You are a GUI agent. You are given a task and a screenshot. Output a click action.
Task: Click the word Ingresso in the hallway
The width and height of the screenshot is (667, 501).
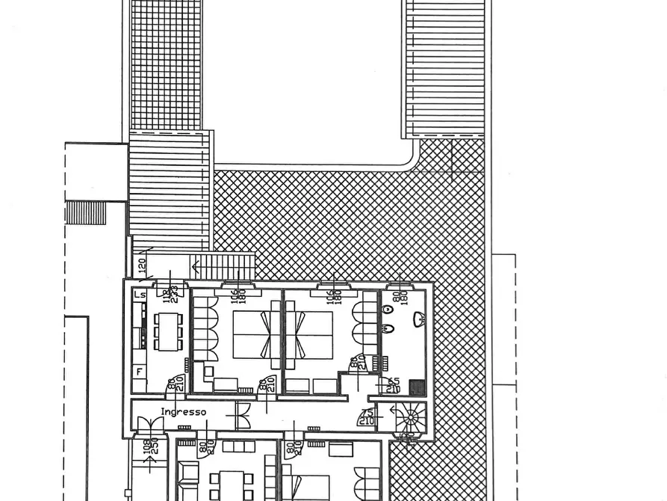pyautogui.click(x=183, y=412)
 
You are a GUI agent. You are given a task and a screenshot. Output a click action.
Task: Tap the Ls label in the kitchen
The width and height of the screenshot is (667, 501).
pyautogui.click(x=140, y=295)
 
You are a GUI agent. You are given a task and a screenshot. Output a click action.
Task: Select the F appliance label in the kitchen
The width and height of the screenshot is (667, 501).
pyautogui.click(x=139, y=371)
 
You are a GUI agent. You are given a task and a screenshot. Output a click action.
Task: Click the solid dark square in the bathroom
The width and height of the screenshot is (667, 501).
pyautogui.click(x=417, y=387)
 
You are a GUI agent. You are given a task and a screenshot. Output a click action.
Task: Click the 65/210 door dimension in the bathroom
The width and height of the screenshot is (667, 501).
pyautogui.click(x=394, y=385)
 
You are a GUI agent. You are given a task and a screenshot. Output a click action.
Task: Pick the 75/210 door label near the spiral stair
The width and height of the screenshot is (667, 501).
pyautogui.click(x=367, y=417)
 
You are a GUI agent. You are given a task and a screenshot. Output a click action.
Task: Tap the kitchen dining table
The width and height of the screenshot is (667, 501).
pyautogui.click(x=168, y=331)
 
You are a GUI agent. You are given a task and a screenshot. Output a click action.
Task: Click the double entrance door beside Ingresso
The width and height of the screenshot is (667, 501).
pyautogui.click(x=150, y=425)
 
